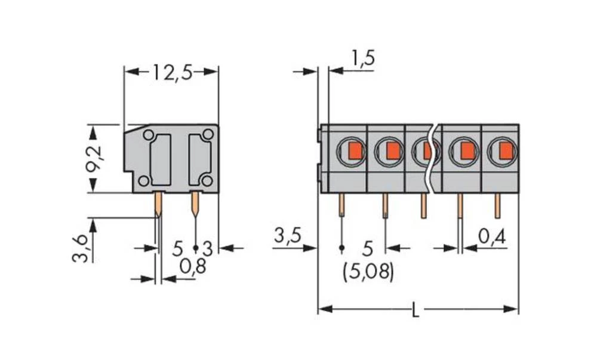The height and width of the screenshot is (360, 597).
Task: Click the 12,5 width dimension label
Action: point(171,72)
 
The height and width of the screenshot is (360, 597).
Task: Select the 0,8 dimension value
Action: point(192,267)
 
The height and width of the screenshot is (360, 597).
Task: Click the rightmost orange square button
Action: point(505,151)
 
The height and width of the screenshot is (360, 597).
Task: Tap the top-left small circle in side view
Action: point(149,135)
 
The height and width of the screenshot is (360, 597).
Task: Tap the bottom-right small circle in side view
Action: point(207,180)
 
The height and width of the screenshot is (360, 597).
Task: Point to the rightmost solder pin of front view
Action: point(497,205)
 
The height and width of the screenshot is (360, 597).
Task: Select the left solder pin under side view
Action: point(158,204)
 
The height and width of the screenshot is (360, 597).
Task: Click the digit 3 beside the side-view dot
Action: point(207,248)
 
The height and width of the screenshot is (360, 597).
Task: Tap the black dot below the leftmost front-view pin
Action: point(341,247)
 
